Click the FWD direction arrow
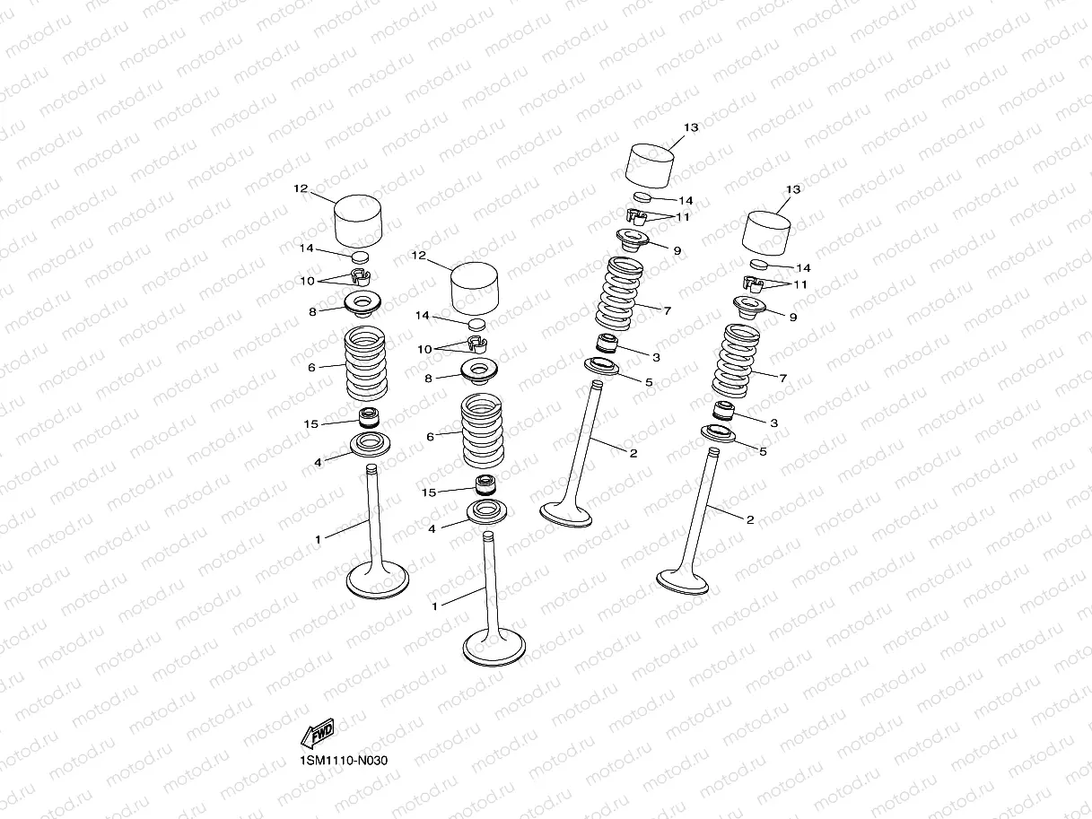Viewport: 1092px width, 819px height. pos(318,733)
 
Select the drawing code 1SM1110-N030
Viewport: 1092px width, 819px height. pos(344,761)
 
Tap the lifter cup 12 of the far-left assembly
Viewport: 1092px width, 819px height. pos(358,222)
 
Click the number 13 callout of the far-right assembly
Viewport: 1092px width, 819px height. pos(793,189)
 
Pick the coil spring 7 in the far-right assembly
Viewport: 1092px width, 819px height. pos(735,361)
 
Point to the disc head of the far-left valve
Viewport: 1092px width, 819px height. pos(378,579)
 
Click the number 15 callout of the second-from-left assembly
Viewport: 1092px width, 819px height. pos(428,492)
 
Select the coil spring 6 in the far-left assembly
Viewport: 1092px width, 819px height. pos(366,363)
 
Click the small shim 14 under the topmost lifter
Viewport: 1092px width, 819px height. pos(642,196)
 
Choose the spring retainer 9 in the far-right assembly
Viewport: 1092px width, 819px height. pos(749,308)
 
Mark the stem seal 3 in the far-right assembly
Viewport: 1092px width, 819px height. pos(724,410)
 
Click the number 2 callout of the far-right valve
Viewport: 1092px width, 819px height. pos(750,519)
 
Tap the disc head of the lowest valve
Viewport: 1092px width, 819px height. pos(494,648)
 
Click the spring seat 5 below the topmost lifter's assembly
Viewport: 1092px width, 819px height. pos(601,367)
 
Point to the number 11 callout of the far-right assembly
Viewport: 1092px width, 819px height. pos(800,285)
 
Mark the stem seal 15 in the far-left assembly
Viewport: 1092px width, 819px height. pos(369,417)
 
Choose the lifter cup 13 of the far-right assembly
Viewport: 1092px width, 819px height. pos(766,233)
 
